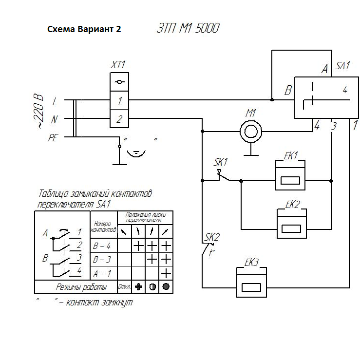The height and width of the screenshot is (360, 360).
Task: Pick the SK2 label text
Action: (x=212, y=237)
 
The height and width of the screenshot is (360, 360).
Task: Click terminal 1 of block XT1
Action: (x=119, y=101)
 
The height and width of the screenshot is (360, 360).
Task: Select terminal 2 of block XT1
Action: (x=119, y=118)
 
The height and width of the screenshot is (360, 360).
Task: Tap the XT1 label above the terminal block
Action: (x=118, y=65)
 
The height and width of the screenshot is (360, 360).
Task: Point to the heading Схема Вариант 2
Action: (x=84, y=29)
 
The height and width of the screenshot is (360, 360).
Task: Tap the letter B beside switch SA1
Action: (x=288, y=91)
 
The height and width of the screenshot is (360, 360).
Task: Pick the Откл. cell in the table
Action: (x=124, y=287)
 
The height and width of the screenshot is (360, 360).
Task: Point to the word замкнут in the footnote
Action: (x=114, y=303)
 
